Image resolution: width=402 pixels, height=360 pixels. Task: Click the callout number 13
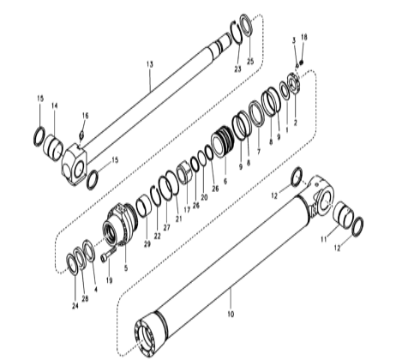pyautogui.click(x=149, y=64)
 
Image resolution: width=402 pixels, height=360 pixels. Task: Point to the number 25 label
pyautogui.click(x=250, y=62)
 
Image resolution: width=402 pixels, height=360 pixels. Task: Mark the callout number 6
pyautogui.click(x=225, y=183)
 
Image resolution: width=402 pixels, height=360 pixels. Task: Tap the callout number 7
pyautogui.click(x=258, y=152)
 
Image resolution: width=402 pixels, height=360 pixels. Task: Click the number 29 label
pyautogui.click(x=147, y=245)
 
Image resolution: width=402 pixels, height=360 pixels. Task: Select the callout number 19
pyautogui.click(x=109, y=280)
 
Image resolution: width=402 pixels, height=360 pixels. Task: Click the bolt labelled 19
pyautogui.click(x=105, y=255)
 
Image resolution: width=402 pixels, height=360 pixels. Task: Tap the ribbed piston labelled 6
pyautogui.click(x=224, y=141)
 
